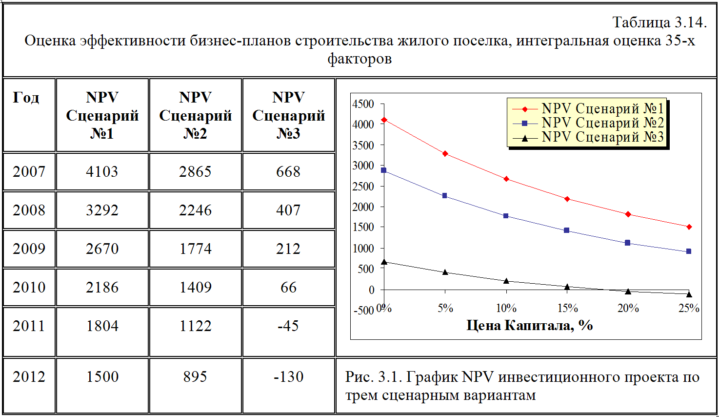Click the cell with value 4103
102,171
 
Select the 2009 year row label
29,249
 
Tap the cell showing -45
288,326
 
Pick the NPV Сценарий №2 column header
195,115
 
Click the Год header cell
26,98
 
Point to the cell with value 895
195,376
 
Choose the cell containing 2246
195,210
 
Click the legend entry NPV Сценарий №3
602,137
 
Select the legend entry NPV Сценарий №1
602,108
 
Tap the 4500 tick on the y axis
363,104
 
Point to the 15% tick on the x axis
567,308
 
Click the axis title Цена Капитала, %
530,325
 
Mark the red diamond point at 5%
445,154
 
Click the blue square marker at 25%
689,251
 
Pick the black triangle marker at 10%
506,281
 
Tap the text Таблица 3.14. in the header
659,22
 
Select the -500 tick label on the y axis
363,311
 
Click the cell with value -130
288,376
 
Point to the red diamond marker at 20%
628,214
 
